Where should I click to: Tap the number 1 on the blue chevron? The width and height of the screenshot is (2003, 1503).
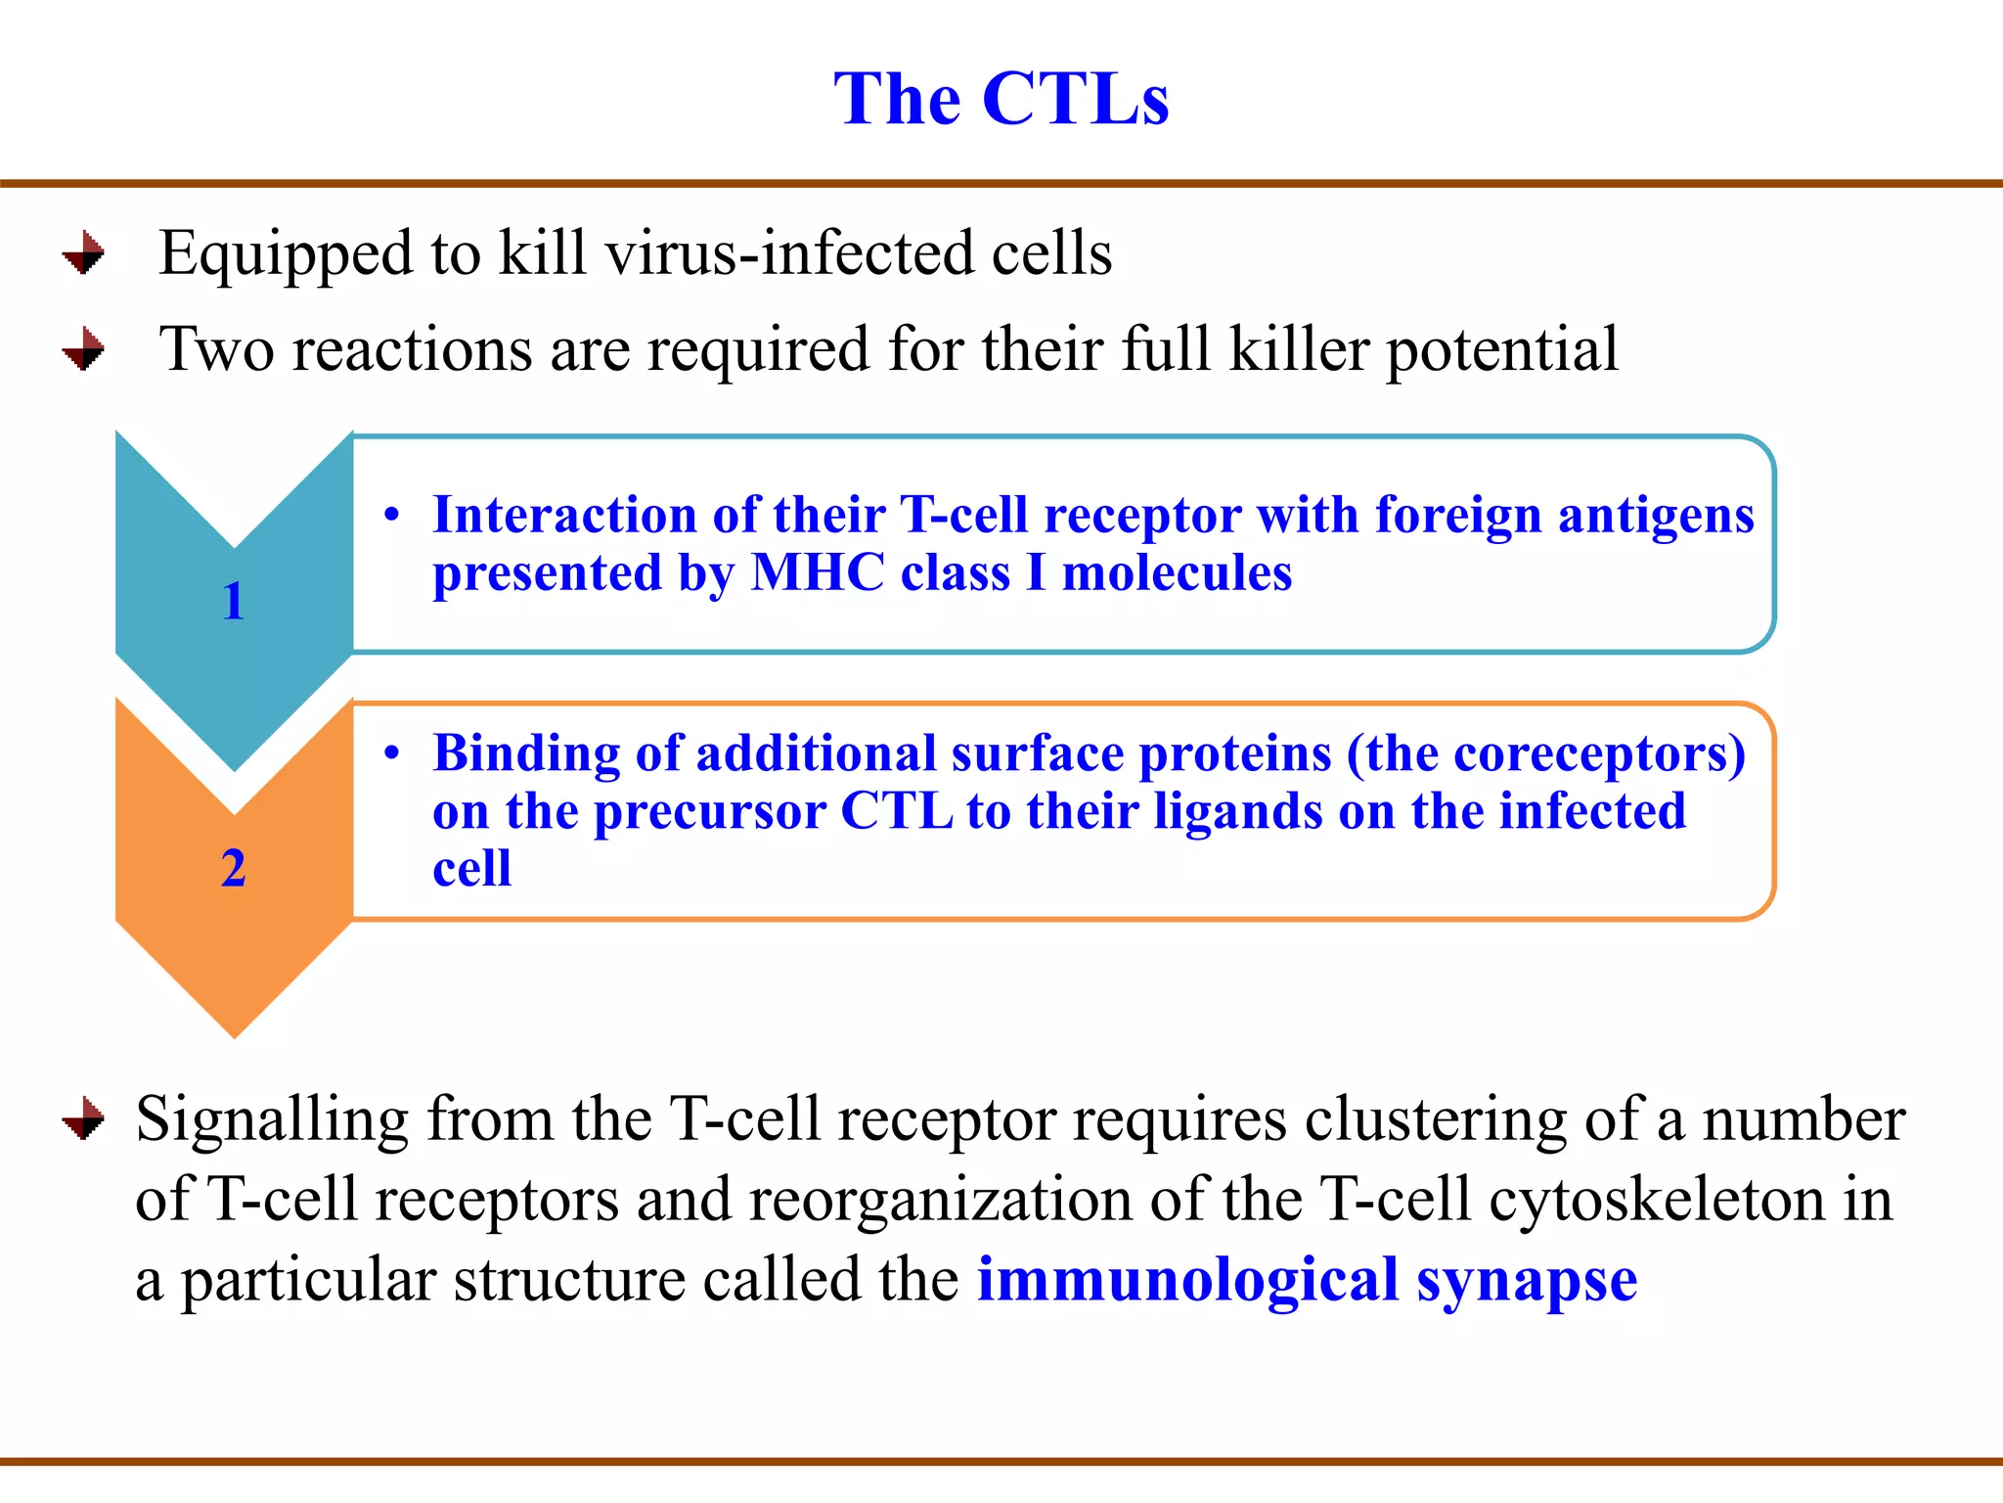(x=233, y=601)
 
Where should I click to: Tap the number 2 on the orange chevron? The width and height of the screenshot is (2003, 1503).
(x=233, y=868)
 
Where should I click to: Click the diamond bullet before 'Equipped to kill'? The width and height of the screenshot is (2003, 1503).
(x=84, y=253)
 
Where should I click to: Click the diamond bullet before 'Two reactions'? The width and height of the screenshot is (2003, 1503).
(x=84, y=349)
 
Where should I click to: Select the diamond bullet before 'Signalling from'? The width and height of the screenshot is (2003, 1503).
(x=84, y=1118)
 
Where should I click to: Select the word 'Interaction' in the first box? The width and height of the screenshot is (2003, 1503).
(x=564, y=515)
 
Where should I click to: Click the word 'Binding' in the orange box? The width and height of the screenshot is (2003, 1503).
(x=526, y=753)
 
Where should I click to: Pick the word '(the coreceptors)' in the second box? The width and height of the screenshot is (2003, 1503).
(x=1545, y=755)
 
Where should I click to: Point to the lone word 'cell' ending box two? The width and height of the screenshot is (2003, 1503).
(x=471, y=869)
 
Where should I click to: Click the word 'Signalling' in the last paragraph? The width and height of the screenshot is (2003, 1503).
(x=272, y=1120)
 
